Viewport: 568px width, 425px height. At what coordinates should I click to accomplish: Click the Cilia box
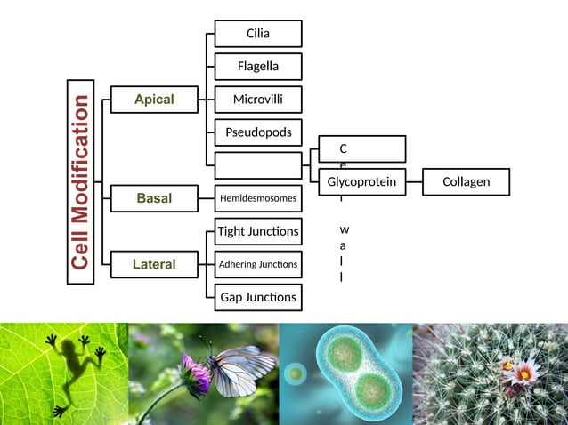[x=258, y=34]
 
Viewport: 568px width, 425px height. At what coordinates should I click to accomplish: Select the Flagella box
[x=258, y=67]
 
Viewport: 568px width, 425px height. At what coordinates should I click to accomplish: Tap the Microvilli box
[x=258, y=100]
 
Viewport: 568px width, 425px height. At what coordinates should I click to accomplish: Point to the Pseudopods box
[x=258, y=132]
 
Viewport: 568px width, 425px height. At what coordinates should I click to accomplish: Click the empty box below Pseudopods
[x=258, y=165]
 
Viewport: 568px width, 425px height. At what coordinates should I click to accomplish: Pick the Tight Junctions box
[x=258, y=232]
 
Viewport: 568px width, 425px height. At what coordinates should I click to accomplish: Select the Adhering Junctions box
[x=258, y=264]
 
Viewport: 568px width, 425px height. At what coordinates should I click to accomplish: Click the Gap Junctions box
[x=258, y=297]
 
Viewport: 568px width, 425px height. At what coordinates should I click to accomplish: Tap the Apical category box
[x=154, y=100]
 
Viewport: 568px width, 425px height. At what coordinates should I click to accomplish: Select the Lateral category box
[x=154, y=264]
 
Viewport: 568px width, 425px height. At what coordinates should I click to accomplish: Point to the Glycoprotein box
[x=361, y=182]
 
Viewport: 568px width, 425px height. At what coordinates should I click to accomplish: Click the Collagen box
[x=466, y=182]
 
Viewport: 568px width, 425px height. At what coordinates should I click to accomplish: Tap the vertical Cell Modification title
[x=81, y=181]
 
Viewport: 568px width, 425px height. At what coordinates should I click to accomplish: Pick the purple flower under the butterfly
[x=195, y=373]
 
